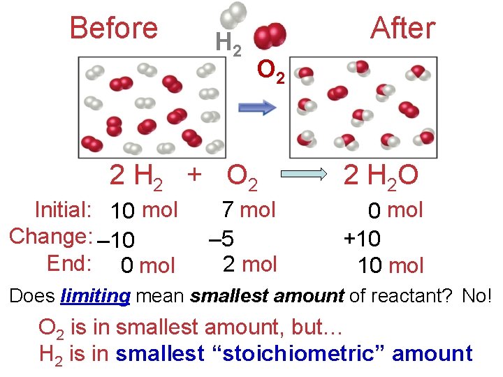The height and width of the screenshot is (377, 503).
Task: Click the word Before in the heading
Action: coord(114,29)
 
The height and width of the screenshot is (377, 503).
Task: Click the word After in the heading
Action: coord(402,29)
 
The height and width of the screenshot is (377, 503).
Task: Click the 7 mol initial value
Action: coord(248,209)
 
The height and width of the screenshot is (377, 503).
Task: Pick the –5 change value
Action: coord(222,239)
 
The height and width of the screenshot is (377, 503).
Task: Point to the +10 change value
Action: coord(362,239)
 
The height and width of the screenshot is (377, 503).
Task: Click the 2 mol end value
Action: coord(249,264)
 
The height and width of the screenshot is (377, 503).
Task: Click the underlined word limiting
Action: coord(95,296)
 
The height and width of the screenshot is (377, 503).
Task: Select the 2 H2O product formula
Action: coord(380,177)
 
